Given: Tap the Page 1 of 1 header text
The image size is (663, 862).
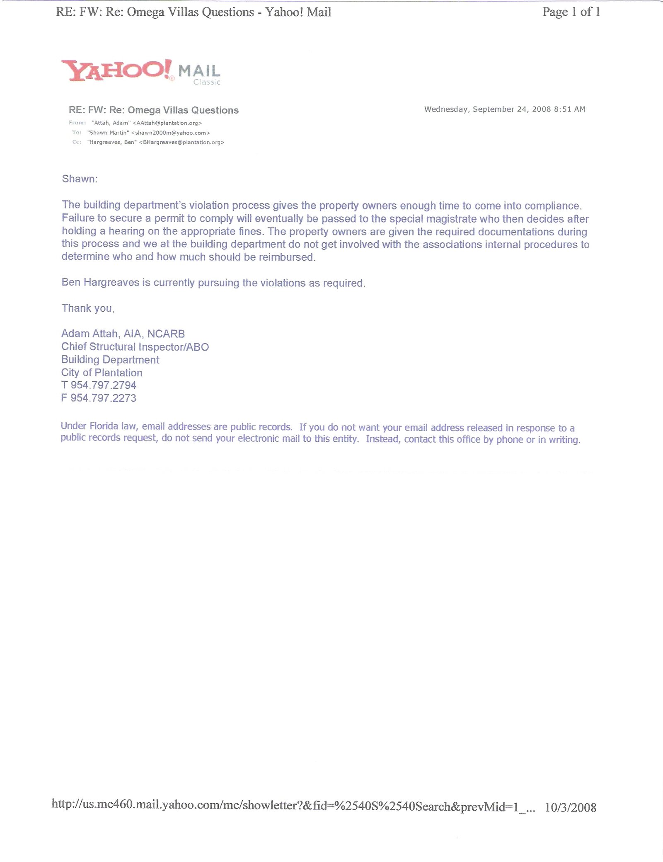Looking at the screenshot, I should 571,12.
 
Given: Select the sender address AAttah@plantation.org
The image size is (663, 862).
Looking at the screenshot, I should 167,123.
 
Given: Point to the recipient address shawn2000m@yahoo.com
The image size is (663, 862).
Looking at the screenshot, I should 170,133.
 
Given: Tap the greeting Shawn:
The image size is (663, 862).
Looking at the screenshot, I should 80,179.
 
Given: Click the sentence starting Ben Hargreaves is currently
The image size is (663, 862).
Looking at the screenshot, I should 213,283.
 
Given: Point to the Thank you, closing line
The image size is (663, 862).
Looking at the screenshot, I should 88,308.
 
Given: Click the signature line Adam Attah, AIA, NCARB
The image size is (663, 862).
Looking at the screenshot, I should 123,334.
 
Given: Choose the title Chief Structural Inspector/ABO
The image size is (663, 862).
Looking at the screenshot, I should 135,347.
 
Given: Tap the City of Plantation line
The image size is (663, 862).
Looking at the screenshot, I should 102,373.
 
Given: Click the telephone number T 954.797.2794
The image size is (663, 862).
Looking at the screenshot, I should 99,385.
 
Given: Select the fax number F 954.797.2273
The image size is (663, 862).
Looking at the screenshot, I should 99,398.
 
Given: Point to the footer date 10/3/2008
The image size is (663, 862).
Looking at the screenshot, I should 570,807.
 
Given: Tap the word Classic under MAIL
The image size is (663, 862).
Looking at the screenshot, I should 207,82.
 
